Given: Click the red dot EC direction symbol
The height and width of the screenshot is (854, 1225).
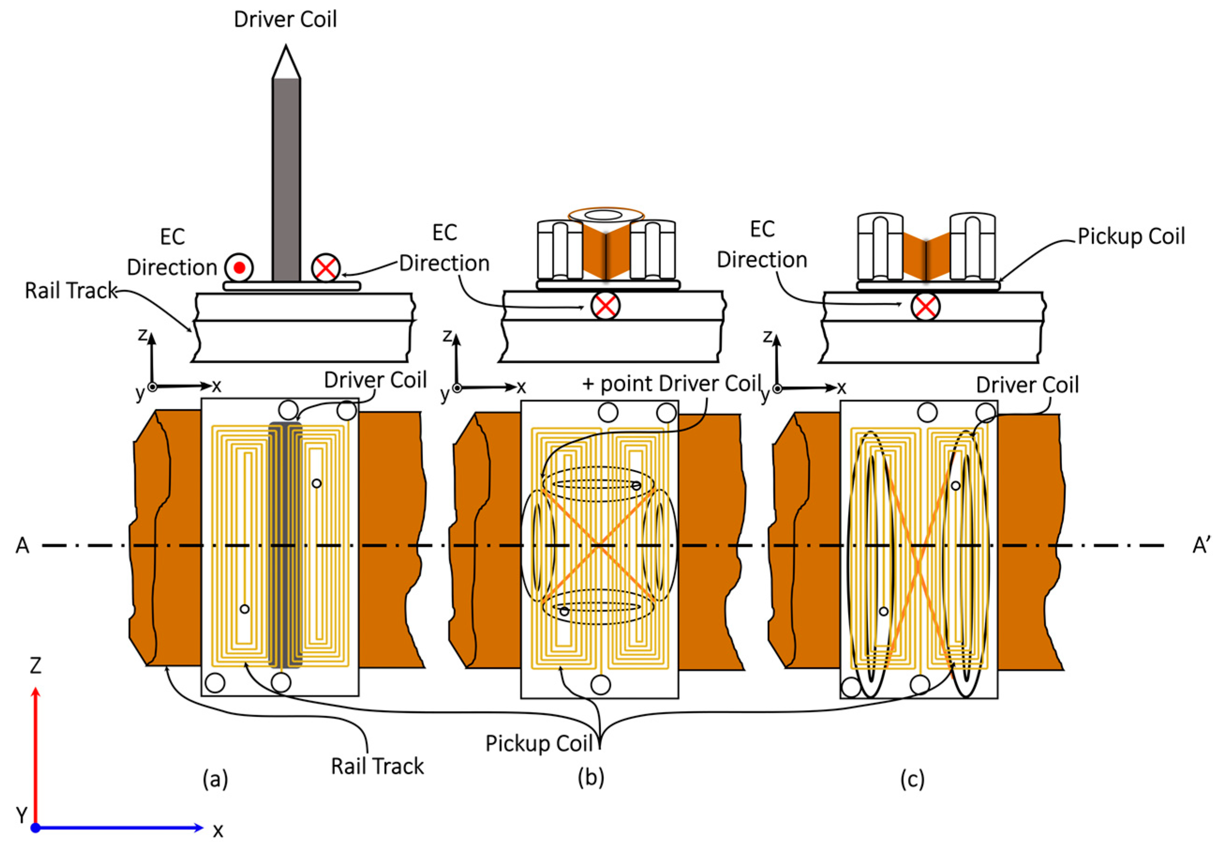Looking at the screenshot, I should [239, 268].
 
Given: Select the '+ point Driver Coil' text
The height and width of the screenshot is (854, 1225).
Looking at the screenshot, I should [672, 384].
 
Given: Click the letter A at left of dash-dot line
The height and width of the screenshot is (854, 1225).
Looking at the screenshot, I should [22, 546].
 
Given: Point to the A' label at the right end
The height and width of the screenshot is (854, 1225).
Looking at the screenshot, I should [1201, 546].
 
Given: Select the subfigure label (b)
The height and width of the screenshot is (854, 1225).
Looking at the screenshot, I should [591, 777].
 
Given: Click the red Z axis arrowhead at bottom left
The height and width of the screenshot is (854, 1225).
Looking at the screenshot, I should [36, 692].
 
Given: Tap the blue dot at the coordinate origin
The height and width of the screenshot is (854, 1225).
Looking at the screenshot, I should [36, 828].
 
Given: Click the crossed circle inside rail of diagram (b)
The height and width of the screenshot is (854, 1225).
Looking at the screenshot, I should [605, 306].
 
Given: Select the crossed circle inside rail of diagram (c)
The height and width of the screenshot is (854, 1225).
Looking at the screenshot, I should [925, 307].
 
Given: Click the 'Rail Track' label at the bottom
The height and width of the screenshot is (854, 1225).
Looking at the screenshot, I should [377, 766].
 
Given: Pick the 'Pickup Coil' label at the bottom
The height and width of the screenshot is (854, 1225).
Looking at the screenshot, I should [539, 743].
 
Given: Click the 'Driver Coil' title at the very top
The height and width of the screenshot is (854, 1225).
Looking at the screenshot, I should [285, 20].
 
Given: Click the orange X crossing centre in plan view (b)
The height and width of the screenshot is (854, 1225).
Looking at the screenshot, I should [599, 545].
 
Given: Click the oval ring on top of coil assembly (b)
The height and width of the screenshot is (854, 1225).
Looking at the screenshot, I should [606, 215].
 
